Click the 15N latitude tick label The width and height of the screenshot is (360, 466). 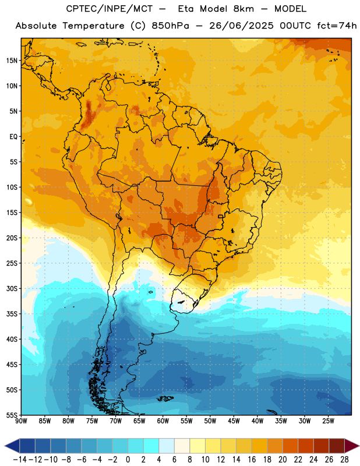[x=12, y=61]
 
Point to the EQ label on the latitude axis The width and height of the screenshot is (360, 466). [x=13, y=137]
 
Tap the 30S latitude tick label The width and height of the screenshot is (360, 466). [x=12, y=288]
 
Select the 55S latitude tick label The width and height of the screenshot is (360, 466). [x=12, y=415]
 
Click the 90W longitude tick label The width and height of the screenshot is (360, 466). [x=22, y=421]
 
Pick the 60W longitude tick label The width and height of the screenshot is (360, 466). [x=163, y=421]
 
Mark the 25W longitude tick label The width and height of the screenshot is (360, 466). [x=328, y=421]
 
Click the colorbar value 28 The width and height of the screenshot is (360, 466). [x=344, y=460]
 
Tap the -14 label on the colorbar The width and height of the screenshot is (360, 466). [x=20, y=460]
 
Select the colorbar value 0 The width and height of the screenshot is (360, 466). [x=128, y=460]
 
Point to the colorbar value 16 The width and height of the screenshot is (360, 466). [x=252, y=460]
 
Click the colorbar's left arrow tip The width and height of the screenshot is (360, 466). [x=5, y=446]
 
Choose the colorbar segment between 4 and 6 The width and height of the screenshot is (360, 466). [x=167, y=446]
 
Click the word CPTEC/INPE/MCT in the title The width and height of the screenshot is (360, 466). [x=110, y=9]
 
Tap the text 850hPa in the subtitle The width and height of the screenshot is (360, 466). [x=170, y=26]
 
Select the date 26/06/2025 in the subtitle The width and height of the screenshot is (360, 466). [x=241, y=26]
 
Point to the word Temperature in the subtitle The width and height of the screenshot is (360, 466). [x=93, y=26]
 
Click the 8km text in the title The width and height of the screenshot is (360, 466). [x=243, y=9]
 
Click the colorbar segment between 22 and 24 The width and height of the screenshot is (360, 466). [x=306, y=446]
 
